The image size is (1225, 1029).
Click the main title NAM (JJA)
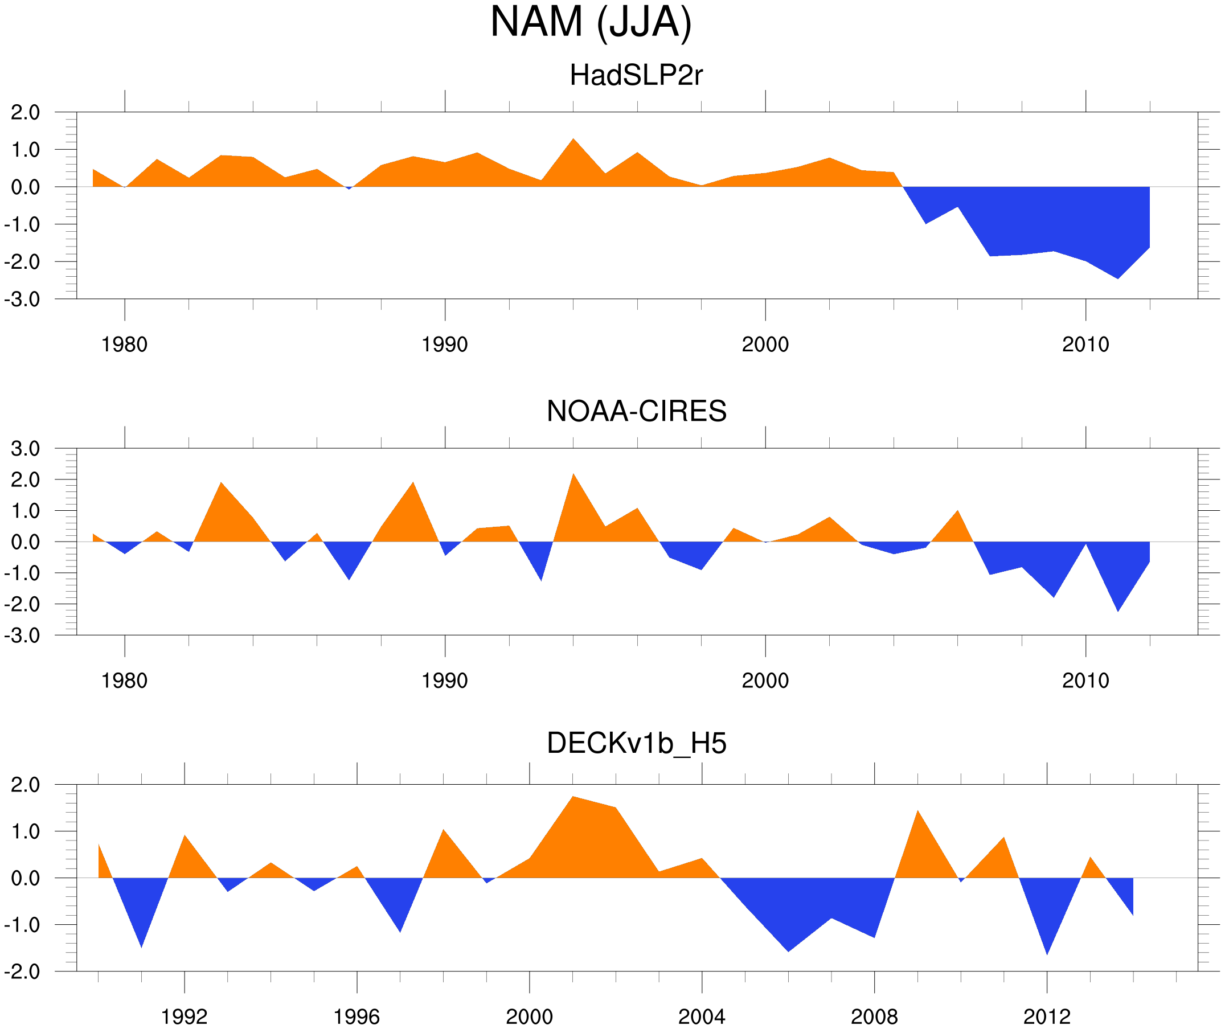pos(591,22)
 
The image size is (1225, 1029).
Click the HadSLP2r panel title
pos(636,75)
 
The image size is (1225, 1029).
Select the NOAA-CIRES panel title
pos(636,411)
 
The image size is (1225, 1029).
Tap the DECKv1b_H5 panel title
pos(636,743)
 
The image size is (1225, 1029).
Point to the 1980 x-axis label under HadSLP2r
pos(124,345)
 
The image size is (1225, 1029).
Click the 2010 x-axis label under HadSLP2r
pos(1085,345)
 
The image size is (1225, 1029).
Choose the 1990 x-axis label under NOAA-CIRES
pos(445,680)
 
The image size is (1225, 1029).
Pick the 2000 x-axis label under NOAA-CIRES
pos(765,680)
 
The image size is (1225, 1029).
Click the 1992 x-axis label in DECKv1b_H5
pos(185,1016)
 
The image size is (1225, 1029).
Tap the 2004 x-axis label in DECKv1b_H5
pos(701,1016)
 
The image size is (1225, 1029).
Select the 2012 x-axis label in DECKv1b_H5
pos(1047,1016)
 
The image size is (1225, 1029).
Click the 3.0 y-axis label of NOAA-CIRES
pos(25,449)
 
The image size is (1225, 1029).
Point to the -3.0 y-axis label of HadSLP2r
pos(22,300)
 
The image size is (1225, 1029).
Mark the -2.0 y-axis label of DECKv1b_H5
pos(22,971)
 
